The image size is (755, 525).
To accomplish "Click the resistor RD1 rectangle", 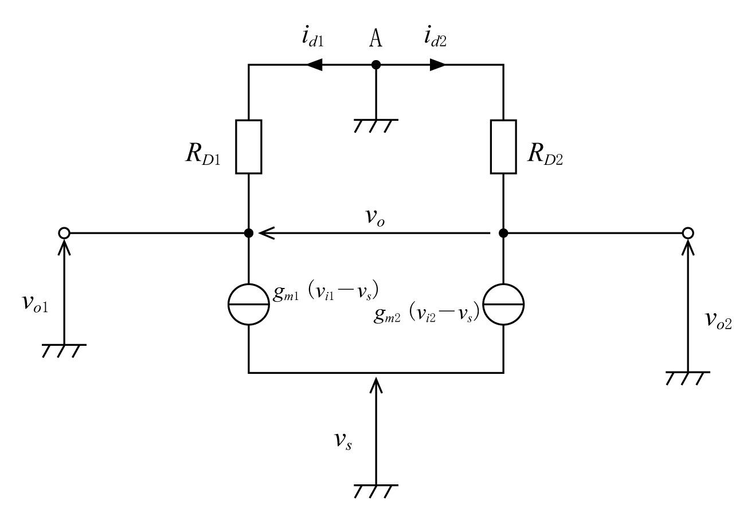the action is pos(248,147).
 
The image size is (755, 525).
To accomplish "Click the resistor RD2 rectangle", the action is pos(503,147).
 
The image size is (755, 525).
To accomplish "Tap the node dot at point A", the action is pos(376,65).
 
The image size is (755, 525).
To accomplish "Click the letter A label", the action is pos(376,38).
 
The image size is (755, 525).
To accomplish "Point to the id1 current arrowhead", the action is pos(314,65).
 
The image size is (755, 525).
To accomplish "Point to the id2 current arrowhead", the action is pos(437,65).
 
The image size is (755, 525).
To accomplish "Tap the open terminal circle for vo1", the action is pos(64,233).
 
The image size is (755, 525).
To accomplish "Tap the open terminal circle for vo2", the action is pos(687,233).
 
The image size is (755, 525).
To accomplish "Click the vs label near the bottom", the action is pos(343,440).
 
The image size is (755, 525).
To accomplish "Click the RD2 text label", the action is pos(545,155).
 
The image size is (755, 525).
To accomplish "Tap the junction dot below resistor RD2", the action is pos(503,233).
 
